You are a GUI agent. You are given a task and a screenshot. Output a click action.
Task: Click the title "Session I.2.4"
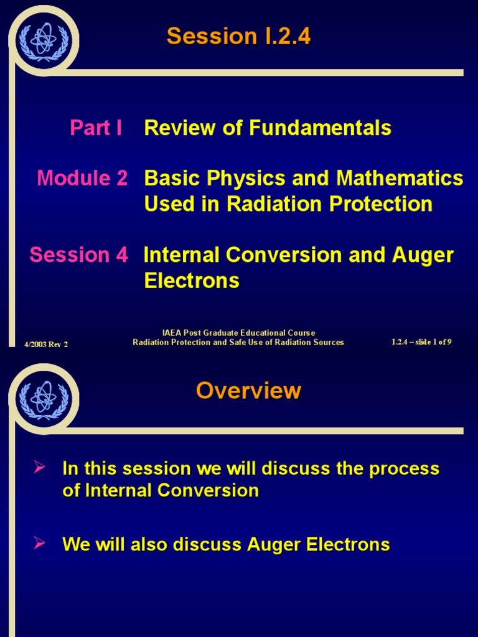[x=238, y=37]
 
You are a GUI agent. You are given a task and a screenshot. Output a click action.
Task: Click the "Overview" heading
[x=248, y=391]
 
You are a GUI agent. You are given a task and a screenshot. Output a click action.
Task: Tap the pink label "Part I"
[x=96, y=128]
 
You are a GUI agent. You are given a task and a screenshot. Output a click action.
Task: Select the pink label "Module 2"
[x=82, y=179]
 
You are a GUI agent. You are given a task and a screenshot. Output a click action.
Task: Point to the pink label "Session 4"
[x=78, y=255]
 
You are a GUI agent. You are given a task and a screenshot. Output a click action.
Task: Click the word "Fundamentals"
[x=320, y=128]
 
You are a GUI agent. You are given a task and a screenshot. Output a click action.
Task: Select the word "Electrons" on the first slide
[x=192, y=281]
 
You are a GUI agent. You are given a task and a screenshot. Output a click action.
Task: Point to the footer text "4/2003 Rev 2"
[x=46, y=345]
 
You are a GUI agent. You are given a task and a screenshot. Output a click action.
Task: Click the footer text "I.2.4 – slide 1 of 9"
[x=421, y=342]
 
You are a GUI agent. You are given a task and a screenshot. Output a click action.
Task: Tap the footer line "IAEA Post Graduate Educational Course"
[x=238, y=333]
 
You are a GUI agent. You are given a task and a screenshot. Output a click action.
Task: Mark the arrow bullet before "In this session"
[x=40, y=467]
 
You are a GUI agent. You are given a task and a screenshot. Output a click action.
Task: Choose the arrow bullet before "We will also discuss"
[x=40, y=544]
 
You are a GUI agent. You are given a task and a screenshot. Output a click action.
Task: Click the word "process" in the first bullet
[x=405, y=468]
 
